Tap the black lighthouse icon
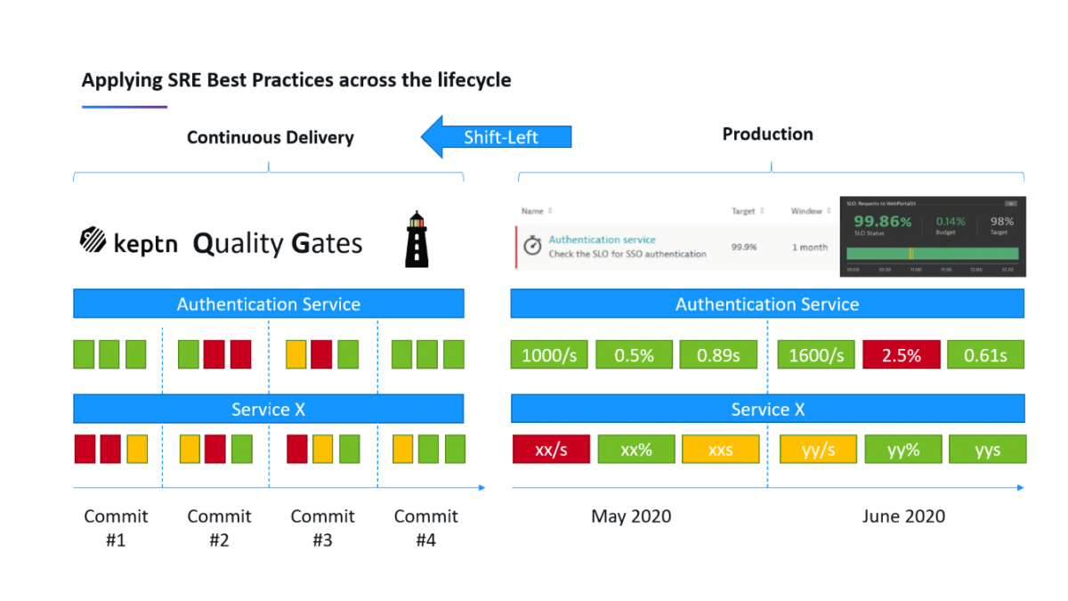click(417, 240)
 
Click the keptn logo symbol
click(93, 241)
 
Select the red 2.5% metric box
click(901, 355)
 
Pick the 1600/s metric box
click(816, 355)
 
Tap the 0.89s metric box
click(718, 355)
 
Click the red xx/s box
click(551, 450)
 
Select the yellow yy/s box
click(818, 450)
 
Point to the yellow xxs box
click(720, 450)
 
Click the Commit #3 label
click(322, 528)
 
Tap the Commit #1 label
click(116, 528)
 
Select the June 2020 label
click(903, 516)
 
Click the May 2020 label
click(631, 516)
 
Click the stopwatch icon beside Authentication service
click(532, 247)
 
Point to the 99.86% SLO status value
click(882, 222)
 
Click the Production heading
click(767, 134)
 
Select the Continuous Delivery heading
click(270, 138)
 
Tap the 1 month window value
click(809, 248)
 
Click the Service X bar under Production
click(767, 410)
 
